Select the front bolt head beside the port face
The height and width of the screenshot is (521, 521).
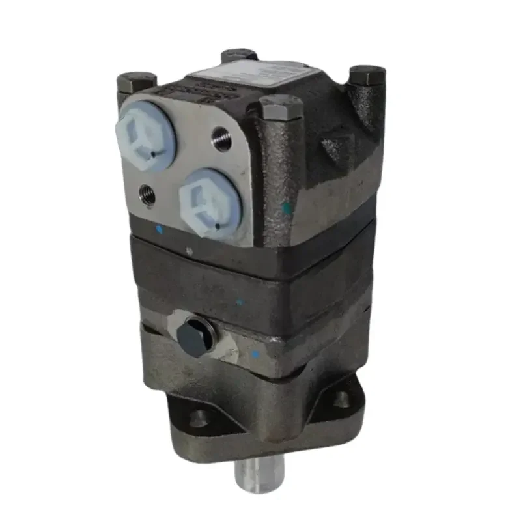pos(281,107)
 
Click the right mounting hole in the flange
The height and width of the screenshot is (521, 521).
pos(342,399)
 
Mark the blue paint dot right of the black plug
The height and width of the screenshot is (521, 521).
pos(255,354)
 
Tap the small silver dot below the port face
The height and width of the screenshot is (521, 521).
pos(190,250)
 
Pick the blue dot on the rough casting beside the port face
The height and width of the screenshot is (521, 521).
pos(287,206)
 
